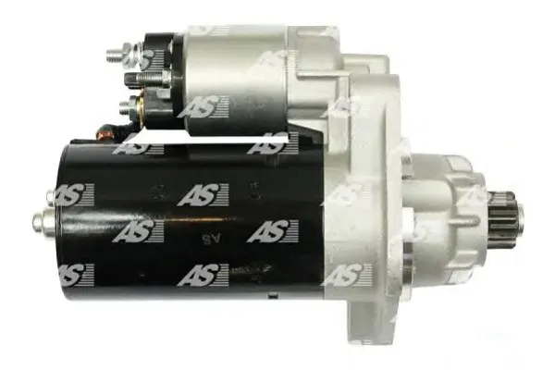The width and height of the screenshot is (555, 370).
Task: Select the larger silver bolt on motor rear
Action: pyautogui.click(x=45, y=220)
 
